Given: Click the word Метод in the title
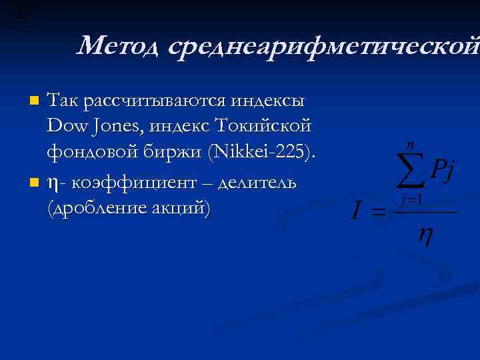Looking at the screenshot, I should tap(118, 46).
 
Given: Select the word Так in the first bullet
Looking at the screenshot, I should tap(62, 101).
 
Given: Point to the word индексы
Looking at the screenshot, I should tap(268, 101).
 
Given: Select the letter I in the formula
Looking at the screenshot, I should tap(357, 213).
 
